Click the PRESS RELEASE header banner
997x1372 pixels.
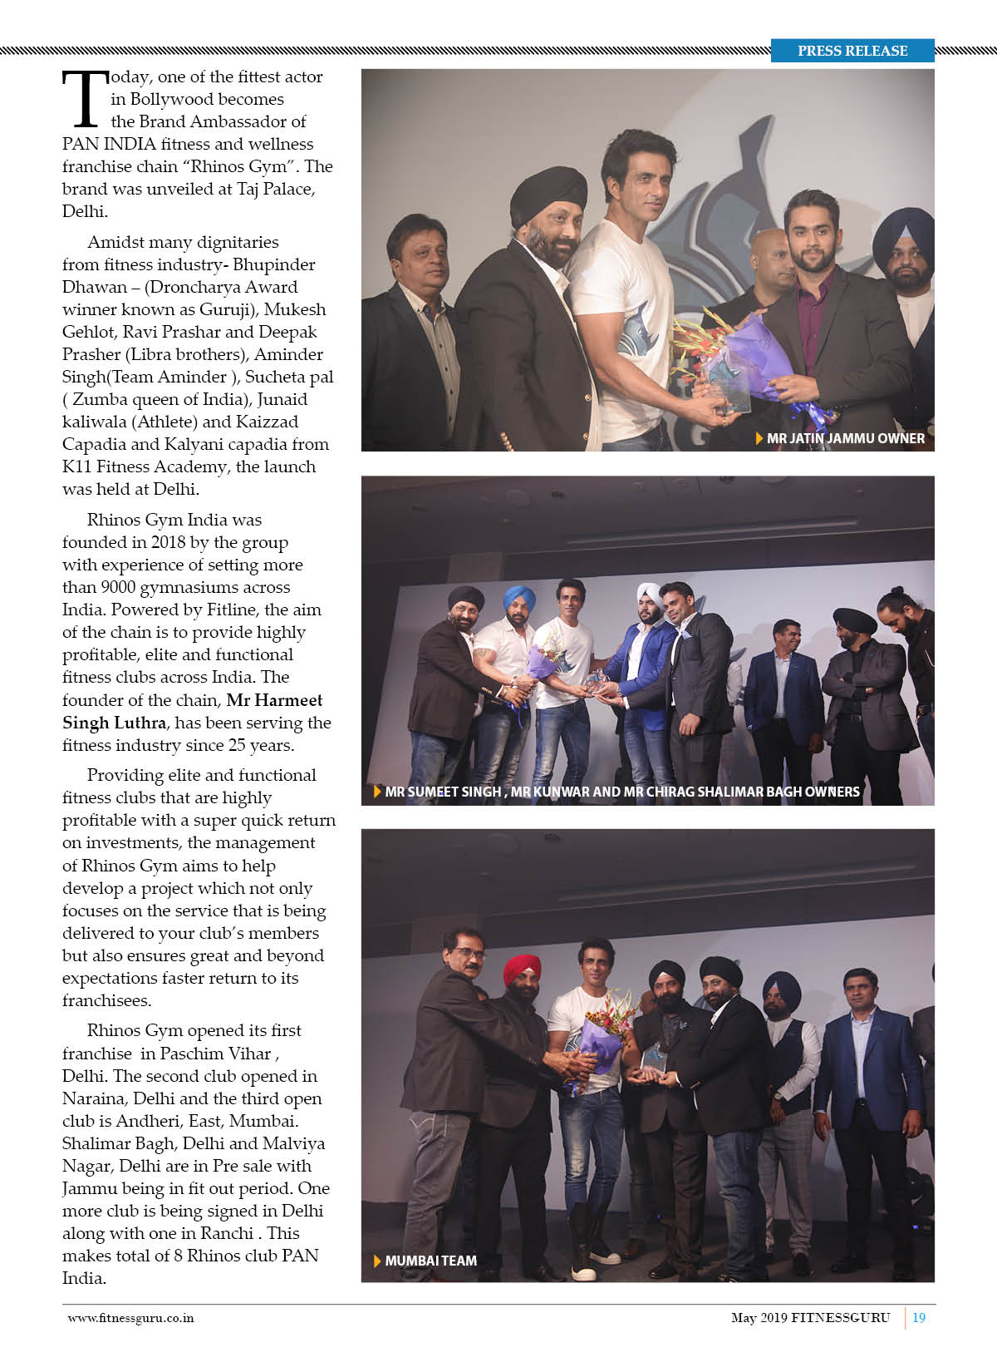852,51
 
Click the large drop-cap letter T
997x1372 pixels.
84,100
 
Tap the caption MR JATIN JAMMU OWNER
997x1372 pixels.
845,438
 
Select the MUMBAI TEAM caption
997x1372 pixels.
430,1261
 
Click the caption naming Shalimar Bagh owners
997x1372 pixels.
621,792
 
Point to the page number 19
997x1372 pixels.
919,1317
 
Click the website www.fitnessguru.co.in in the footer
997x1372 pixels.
130,1317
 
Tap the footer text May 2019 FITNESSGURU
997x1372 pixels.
810,1317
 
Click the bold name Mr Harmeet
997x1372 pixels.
274,700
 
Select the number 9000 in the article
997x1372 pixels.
118,587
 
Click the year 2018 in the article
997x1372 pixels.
169,542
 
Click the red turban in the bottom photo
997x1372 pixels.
522,969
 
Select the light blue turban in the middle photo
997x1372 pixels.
519,597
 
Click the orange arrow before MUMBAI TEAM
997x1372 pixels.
378,1261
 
